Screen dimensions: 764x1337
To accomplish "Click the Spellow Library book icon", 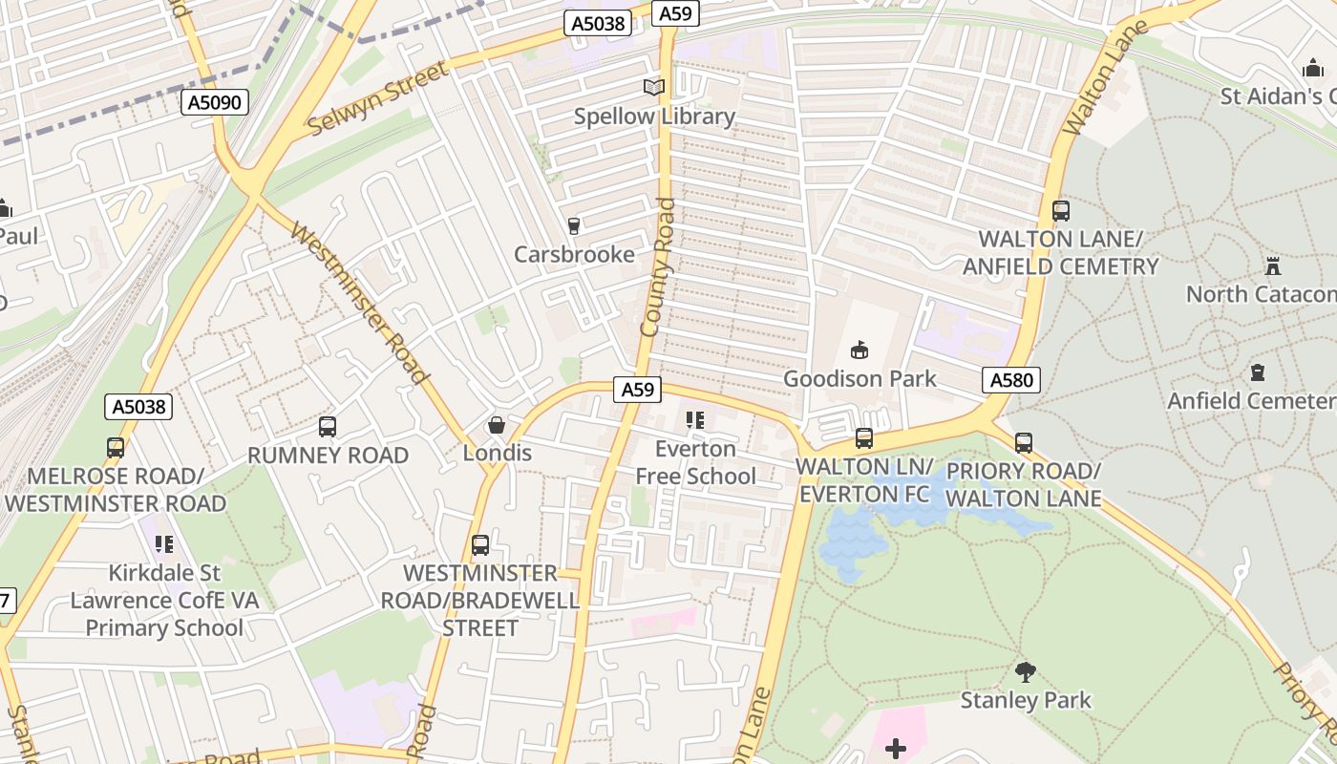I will pos(653,88).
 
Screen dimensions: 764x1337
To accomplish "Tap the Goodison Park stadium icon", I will pos(859,350).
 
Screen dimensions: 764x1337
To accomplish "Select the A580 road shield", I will pos(1011,381).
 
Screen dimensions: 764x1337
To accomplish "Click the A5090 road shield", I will pos(215,102).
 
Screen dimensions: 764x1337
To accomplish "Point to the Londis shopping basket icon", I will pos(497,425).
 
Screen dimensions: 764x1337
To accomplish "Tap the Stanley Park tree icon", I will pos(1026,672).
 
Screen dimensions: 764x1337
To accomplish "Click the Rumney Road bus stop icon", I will pos(328,427).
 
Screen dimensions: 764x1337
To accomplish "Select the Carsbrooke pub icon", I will pos(574,226).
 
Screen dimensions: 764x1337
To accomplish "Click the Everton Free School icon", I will pos(695,420).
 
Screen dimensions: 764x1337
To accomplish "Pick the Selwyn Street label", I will pos(377,99).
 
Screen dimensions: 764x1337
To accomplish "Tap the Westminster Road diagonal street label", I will pos(358,303).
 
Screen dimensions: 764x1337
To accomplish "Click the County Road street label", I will pos(658,267).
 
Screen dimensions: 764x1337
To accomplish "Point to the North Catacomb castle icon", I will pos(1272,265).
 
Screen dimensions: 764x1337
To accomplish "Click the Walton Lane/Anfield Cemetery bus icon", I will pos(1060,211).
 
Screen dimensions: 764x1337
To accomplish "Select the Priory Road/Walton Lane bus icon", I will pos(1024,443).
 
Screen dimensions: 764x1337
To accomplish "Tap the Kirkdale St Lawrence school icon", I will pos(164,544).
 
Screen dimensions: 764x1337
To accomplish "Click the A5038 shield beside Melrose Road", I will pos(138,408).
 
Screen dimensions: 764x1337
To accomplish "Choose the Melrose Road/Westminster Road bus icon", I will pos(116,447).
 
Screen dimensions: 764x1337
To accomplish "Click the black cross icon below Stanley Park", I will pos(896,749).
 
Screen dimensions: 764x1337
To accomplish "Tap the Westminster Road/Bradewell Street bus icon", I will pos(480,545).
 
